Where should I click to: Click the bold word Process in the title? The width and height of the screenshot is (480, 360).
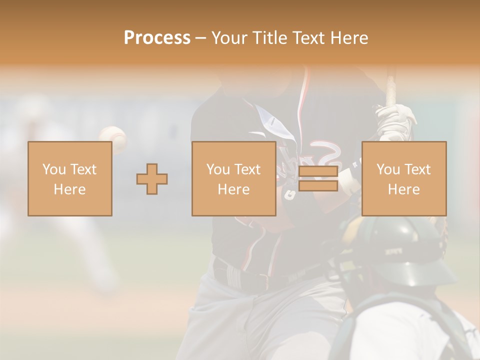coord(157,38)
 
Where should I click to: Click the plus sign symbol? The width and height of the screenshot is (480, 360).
coord(152,178)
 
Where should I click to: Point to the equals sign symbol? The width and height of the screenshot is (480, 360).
coord(318,178)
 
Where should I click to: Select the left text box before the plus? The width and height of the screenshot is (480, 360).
coord(69,178)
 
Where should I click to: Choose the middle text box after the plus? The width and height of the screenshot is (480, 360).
coord(233,178)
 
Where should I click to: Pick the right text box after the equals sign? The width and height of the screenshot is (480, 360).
coord(403,178)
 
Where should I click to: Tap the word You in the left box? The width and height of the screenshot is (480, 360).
coord(53,169)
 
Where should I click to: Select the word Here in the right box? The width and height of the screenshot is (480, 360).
coord(403,189)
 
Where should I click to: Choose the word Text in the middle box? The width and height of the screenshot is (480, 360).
coord(247,169)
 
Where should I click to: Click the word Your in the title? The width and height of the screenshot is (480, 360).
coord(230,38)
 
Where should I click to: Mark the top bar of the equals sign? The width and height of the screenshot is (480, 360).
coord(318,172)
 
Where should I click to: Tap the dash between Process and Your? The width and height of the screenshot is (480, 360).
coord(201,38)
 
